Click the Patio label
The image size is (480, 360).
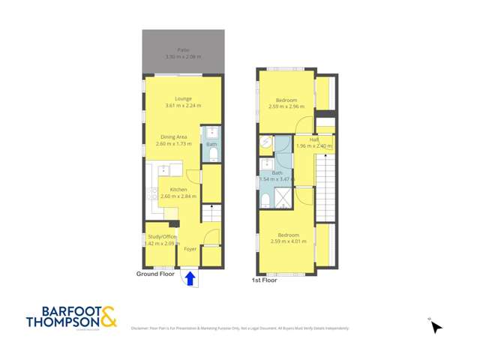tap(183, 49)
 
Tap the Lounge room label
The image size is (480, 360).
tap(183, 98)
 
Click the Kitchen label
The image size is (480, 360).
tap(178, 190)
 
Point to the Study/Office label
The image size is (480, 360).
tap(160, 237)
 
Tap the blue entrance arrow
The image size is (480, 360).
tap(190, 279)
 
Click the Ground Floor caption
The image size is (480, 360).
tap(155, 274)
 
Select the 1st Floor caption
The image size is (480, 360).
tap(264, 280)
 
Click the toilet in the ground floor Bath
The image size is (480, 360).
tap(212, 155)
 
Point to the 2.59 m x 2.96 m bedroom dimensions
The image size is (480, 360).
tap(286, 106)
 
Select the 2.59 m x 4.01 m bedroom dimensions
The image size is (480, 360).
tap(286, 241)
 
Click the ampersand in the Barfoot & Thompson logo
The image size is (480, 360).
tap(109, 316)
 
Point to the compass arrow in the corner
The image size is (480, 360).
tap(436, 326)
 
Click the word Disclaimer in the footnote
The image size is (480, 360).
tap(139, 328)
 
